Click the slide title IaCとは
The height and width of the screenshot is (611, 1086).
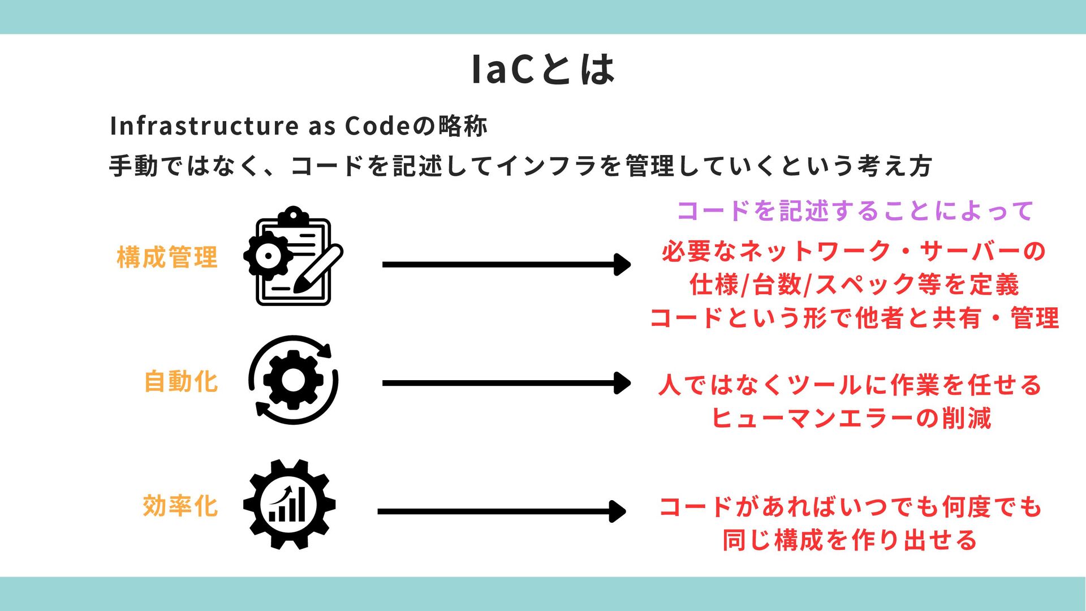pos(543,70)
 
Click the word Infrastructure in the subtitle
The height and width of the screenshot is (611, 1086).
pos(204,126)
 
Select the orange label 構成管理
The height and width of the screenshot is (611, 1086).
pos(167,257)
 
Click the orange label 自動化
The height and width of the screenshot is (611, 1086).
pos(180,382)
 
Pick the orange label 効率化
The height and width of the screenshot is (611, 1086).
pos(180,506)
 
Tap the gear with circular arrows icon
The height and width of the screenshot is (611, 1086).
pos(293,380)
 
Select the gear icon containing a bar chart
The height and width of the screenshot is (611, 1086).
pos(290,505)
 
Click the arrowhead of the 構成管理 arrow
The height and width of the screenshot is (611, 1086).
pos(623,264)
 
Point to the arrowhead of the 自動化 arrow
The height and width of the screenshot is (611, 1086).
pos(623,383)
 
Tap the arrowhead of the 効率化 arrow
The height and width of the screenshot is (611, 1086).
pos(618,511)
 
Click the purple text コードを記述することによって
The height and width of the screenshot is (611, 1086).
pos(855,211)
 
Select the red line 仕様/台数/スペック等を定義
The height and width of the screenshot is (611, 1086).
pos(854,285)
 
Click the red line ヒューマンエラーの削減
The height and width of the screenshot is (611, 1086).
pos(851,419)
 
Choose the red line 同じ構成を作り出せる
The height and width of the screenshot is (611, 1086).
pos(850,540)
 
